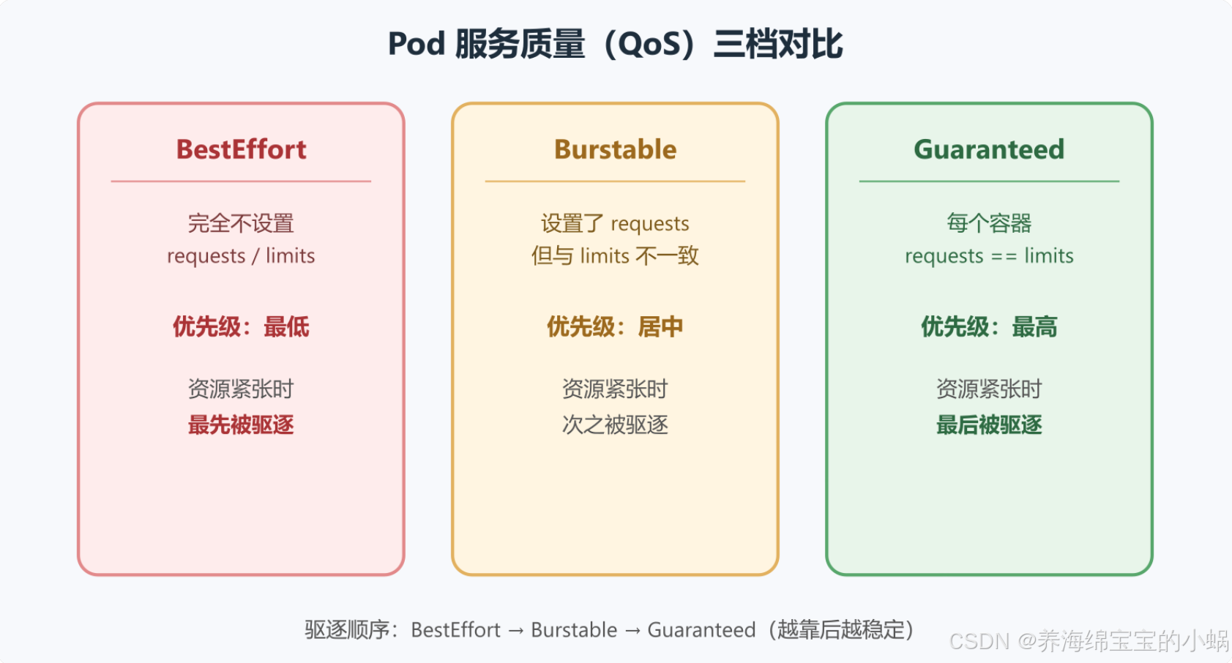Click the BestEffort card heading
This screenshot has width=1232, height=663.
click(241, 149)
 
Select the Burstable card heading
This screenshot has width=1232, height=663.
click(615, 149)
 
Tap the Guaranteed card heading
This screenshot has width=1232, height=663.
click(989, 149)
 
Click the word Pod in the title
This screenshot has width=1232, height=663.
click(417, 43)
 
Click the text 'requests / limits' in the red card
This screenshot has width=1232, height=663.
click(241, 255)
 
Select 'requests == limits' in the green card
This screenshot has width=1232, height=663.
click(989, 255)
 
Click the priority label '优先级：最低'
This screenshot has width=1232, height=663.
click(241, 326)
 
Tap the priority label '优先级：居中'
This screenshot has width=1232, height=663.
click(615, 326)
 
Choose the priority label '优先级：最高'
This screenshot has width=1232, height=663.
click(989, 326)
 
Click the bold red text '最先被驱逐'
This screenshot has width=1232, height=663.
click(241, 425)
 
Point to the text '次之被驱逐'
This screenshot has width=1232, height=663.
click(615, 425)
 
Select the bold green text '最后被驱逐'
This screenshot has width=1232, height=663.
click(989, 425)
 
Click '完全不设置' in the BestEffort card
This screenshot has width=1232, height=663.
click(241, 223)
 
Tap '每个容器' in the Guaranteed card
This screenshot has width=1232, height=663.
click(989, 223)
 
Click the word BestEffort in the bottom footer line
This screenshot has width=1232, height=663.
click(456, 630)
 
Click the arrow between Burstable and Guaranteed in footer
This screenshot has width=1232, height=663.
click(632, 631)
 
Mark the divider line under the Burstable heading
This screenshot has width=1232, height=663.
click(615, 181)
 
